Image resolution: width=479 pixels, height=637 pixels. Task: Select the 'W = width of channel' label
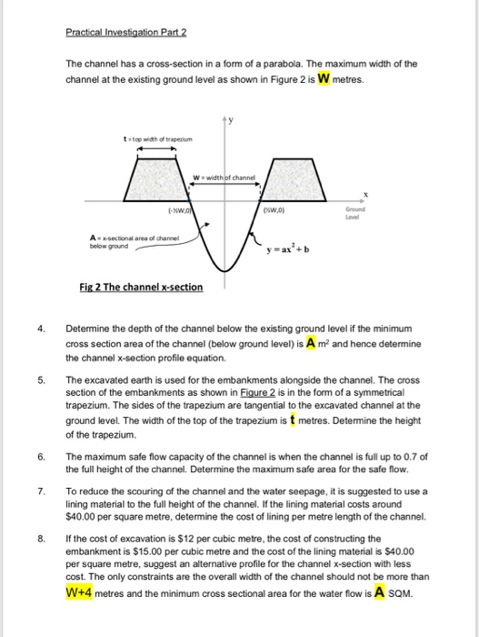coord(229,176)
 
